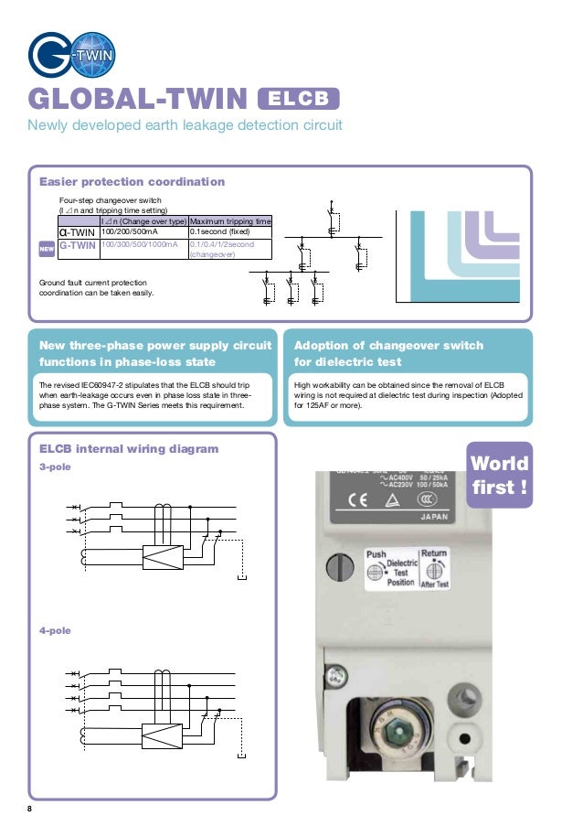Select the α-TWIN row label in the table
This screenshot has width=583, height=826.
[x=78, y=232]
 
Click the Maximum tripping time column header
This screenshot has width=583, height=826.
[x=229, y=221]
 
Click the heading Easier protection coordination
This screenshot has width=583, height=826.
[x=132, y=182]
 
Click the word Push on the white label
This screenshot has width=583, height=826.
[x=376, y=554]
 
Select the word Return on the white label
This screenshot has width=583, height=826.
[x=433, y=553]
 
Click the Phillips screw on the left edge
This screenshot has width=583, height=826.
[x=339, y=677]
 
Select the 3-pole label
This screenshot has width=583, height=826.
[x=53, y=467]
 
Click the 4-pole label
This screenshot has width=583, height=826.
[x=53, y=631]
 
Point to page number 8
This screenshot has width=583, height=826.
[x=29, y=805]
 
